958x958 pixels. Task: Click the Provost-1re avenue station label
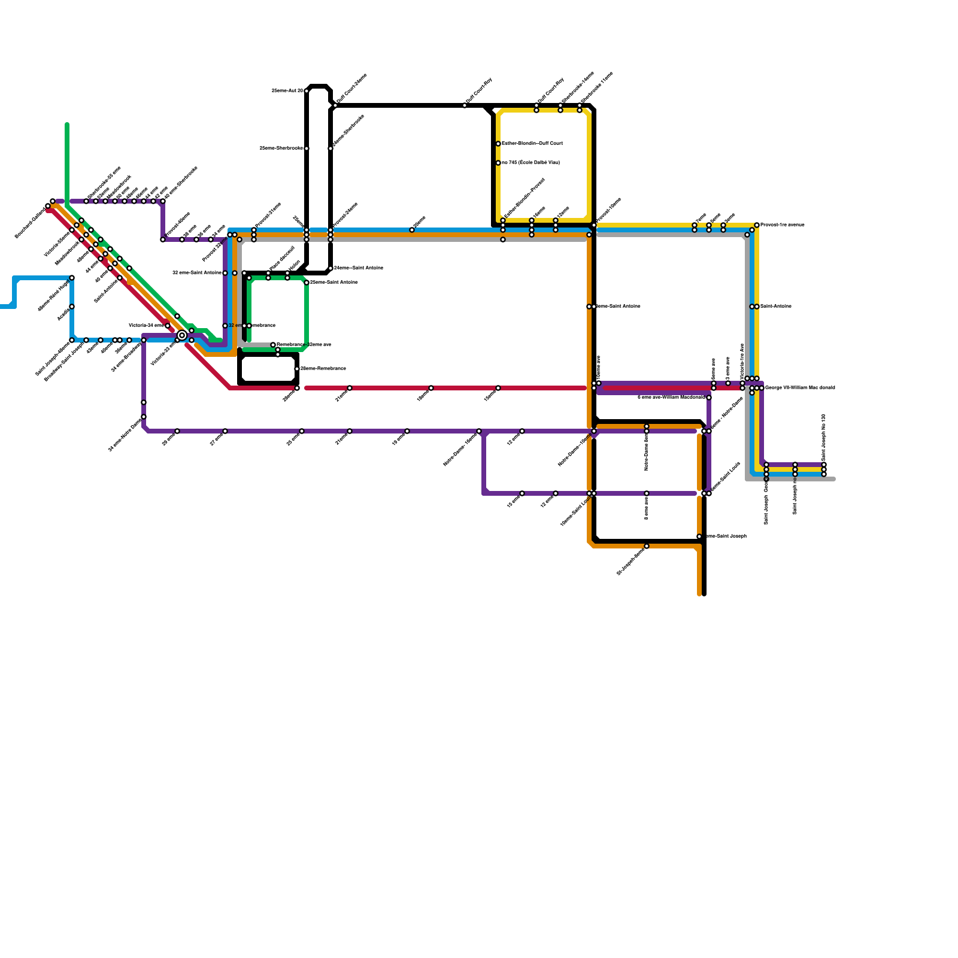[x=783, y=225]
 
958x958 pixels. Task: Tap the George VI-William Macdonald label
[x=800, y=388]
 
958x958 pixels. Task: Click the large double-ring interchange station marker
[x=182, y=335]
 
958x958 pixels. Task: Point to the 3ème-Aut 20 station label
[x=287, y=91]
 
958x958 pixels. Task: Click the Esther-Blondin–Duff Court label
[x=532, y=144]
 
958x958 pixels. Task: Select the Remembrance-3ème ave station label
[x=304, y=345]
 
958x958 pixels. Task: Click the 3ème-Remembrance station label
[x=323, y=369]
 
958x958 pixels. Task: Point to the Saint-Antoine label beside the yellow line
[x=776, y=307]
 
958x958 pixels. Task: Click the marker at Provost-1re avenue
[x=757, y=225]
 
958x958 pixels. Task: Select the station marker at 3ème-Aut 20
[x=307, y=91]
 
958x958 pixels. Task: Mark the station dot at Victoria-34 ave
[x=168, y=326]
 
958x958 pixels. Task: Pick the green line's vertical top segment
[x=67, y=162]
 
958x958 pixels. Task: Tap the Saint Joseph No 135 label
[x=824, y=437]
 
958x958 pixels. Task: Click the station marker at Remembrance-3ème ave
[x=273, y=345]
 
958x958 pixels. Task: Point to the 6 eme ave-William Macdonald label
[x=671, y=397]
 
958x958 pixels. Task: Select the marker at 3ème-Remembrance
[x=297, y=369]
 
